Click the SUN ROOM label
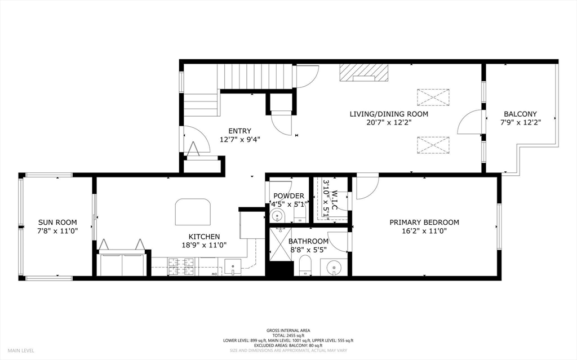coord(57,222)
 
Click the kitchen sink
coord(232,265)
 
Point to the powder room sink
coord(277,216)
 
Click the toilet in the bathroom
coord(305,265)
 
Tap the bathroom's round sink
coord(334,266)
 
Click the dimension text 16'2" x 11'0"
coord(424,231)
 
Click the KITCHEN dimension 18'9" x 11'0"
coord(204,245)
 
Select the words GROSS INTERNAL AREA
coord(288,330)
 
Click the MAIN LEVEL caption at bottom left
coord(20,350)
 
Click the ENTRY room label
coord(239,131)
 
